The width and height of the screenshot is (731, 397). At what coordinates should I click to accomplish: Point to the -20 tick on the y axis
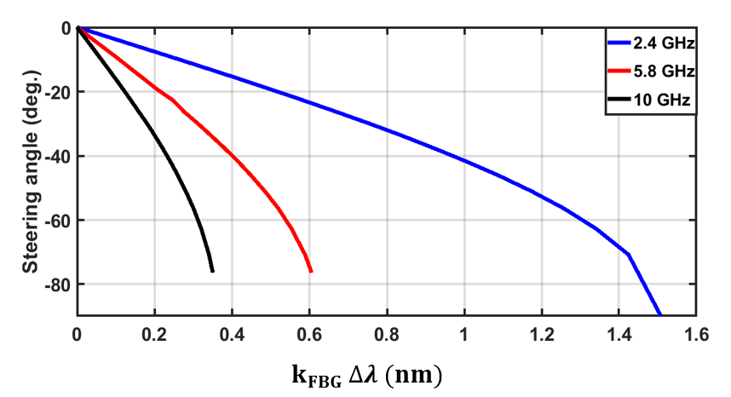pos(58,92)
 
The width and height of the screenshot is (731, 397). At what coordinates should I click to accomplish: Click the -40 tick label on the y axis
pos(58,156)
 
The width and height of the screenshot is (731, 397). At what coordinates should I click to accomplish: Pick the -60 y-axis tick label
pos(58,220)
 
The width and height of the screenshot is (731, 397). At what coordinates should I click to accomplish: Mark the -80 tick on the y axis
pos(58,284)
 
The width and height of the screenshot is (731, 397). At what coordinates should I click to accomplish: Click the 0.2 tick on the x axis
pos(154,333)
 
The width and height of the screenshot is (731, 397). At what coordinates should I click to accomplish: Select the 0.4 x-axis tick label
pos(232,333)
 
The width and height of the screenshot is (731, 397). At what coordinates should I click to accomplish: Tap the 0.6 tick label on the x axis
pos(309,333)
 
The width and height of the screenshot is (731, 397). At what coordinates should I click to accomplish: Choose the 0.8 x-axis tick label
pos(387,333)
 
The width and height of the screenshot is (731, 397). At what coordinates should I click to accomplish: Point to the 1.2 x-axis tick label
pos(541,333)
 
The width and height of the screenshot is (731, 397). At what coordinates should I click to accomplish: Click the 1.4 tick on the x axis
pos(619,333)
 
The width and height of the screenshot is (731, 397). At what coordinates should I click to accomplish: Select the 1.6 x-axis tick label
pos(696,333)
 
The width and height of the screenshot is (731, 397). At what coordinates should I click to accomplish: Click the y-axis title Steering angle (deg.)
pos(31,170)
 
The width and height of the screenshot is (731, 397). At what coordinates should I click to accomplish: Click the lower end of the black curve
pos(212,271)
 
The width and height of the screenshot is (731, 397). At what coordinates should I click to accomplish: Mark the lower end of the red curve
pos(311,271)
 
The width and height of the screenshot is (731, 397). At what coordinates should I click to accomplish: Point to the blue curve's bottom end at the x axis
pos(660,314)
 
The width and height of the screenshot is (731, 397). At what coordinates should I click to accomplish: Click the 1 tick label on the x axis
pos(464,333)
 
